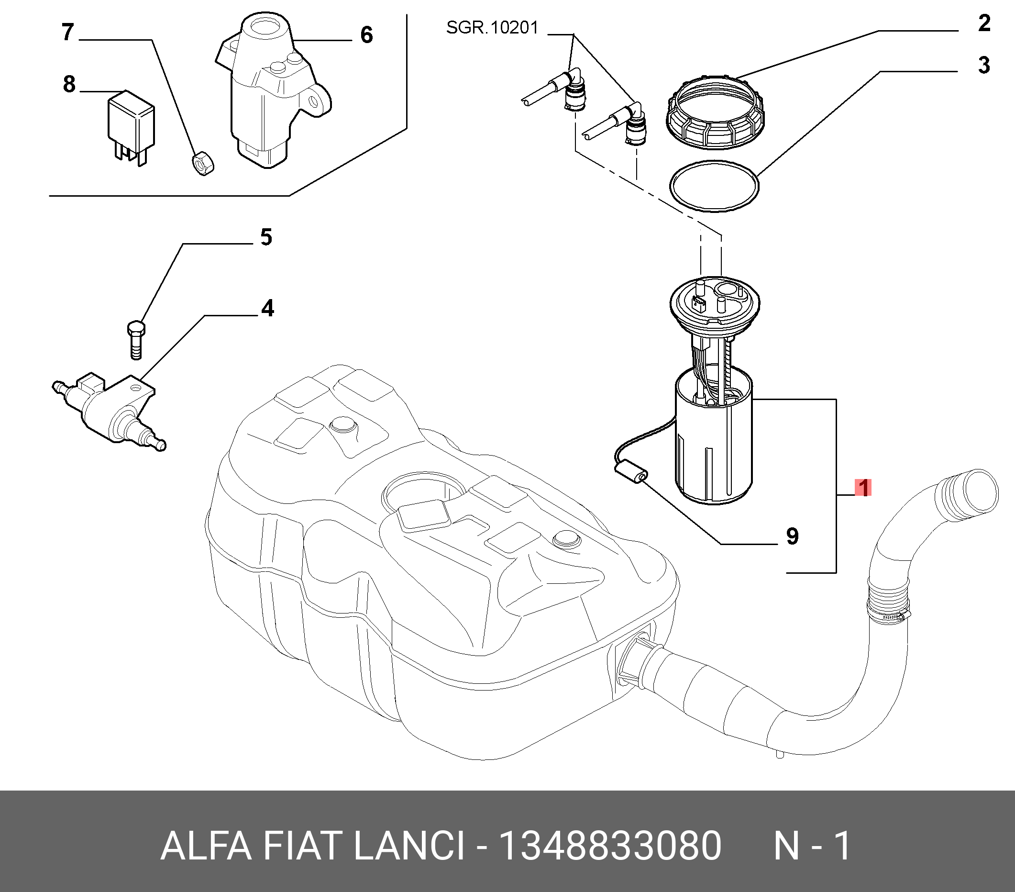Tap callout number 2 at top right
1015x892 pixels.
click(x=984, y=23)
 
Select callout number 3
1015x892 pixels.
click(x=984, y=65)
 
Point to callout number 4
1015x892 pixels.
click(x=267, y=309)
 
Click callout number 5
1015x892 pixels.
click(x=266, y=237)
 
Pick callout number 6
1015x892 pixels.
click(x=366, y=35)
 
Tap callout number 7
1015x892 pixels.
click(x=68, y=32)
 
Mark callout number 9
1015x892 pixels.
click(x=793, y=536)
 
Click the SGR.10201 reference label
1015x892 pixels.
click(x=492, y=28)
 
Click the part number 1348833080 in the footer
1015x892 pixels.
click(x=610, y=846)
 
